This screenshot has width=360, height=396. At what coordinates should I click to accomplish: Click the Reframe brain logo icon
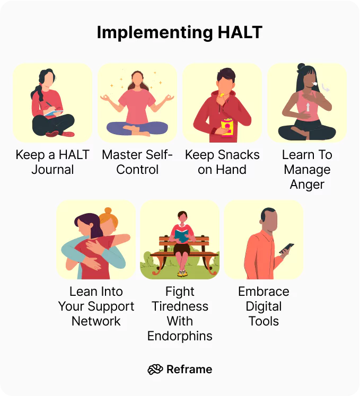(155, 369)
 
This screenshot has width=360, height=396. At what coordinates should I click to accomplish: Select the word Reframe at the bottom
(189, 369)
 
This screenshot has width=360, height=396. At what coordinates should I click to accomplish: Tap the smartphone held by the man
(286, 248)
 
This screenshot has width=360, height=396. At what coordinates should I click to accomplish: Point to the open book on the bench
(181, 234)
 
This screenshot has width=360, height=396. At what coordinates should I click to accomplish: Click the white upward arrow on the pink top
(308, 108)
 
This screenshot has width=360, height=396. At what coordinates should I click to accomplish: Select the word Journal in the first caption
(52, 170)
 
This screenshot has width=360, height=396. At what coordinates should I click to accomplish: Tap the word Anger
(307, 184)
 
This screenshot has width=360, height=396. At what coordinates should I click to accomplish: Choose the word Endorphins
(180, 336)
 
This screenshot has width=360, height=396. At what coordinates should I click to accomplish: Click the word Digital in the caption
(264, 306)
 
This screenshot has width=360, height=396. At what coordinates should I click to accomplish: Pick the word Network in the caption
(96, 321)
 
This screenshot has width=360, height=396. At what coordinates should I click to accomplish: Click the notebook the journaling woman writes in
(52, 112)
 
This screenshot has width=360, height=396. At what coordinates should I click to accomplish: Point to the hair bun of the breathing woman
(301, 68)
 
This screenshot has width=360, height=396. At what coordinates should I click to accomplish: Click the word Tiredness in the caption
(180, 306)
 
